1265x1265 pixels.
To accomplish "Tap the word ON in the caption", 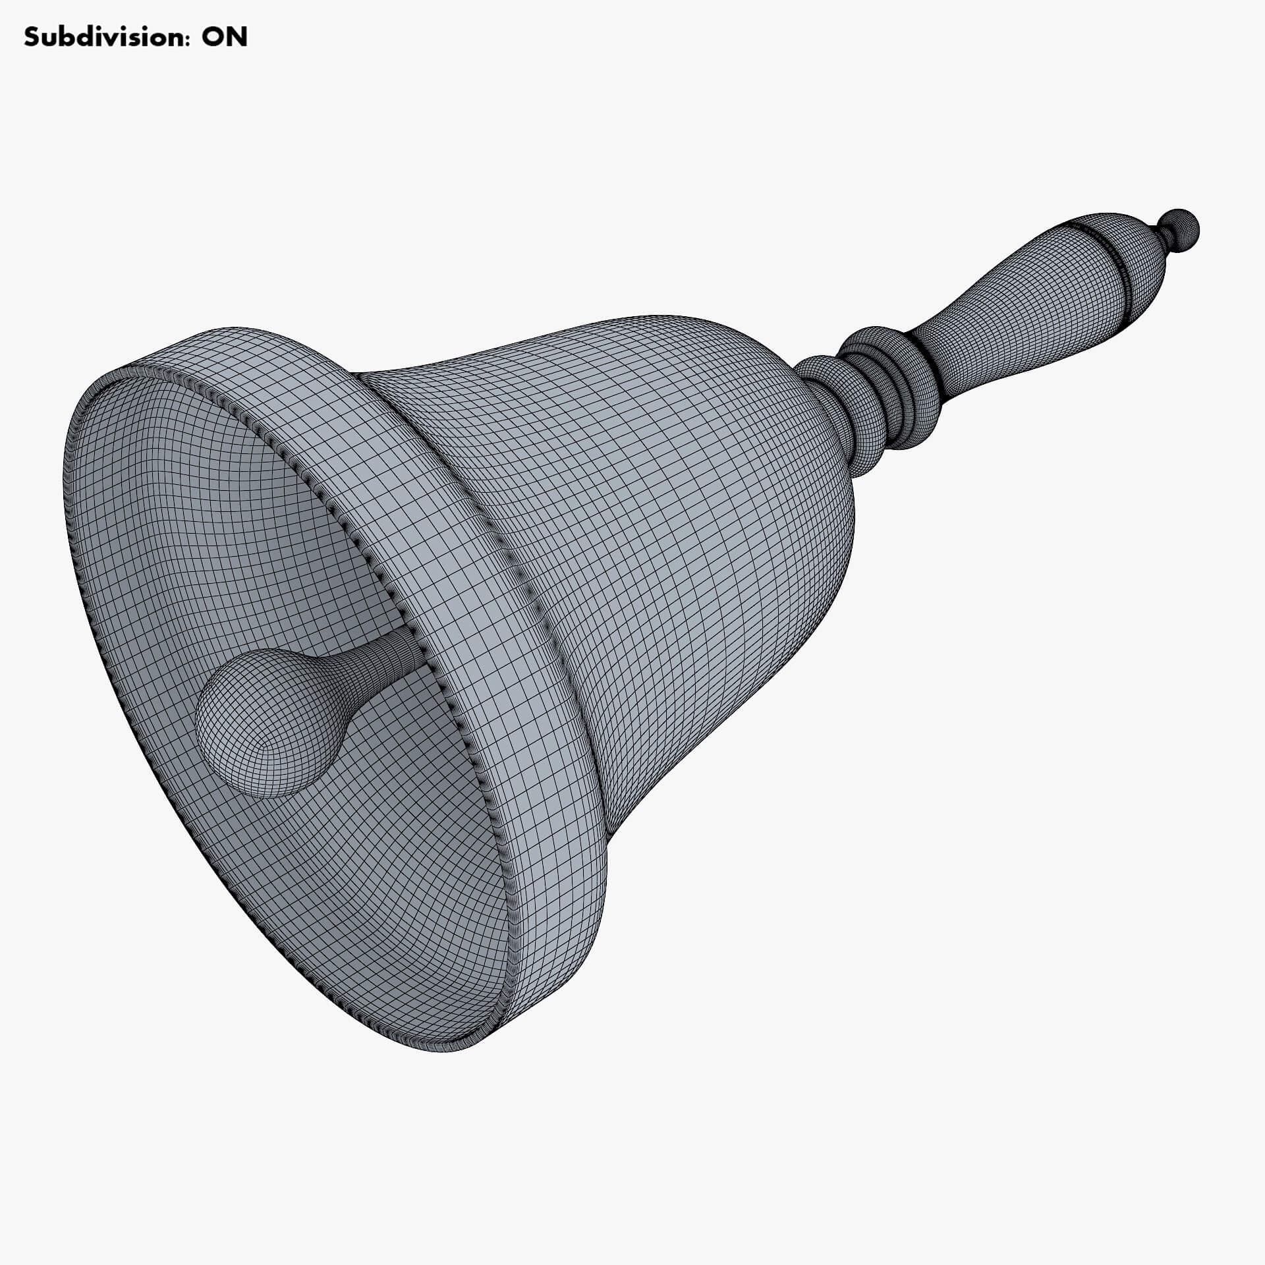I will (225, 38).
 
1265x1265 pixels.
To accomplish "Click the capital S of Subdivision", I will (31, 38).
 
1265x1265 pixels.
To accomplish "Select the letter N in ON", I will (237, 38).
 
